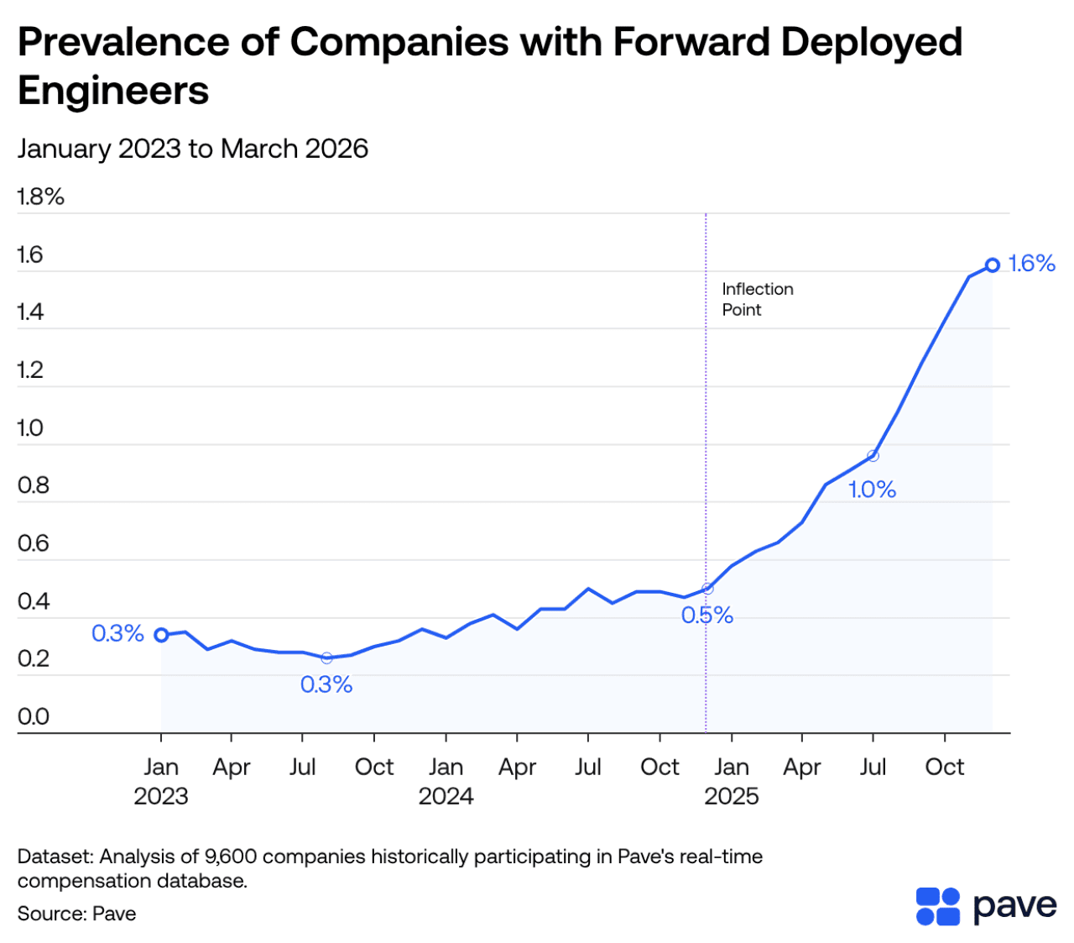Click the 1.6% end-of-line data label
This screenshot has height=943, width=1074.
1031,264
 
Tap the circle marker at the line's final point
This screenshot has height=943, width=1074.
993,265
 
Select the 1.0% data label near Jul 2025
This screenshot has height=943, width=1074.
872,490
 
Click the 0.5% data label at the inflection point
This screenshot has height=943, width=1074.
707,616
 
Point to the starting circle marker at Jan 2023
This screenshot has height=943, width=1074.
161,635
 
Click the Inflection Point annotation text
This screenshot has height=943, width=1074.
757,299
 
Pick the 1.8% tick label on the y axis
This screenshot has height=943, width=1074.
40,196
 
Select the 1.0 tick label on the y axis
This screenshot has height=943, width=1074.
30,428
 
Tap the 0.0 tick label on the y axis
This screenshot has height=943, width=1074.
34,716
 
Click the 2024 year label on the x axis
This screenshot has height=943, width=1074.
446,796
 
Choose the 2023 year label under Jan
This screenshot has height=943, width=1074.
161,796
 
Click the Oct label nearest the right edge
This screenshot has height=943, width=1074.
944,767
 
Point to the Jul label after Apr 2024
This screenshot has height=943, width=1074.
588,767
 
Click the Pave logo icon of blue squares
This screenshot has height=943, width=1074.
937,906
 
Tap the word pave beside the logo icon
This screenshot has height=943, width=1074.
1014,905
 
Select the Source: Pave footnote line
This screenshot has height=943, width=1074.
76,914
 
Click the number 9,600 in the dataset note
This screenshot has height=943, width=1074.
231,857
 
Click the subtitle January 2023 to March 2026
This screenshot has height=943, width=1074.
193,149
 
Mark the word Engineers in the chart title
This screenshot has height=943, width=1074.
113,90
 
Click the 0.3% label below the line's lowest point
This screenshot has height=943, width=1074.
326,685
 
